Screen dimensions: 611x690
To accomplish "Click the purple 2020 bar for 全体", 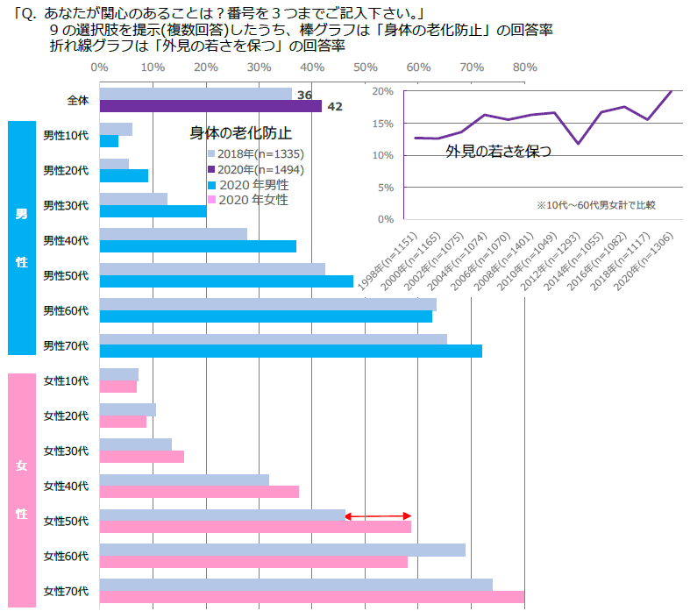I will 210,106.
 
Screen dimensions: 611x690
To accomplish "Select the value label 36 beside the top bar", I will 304,95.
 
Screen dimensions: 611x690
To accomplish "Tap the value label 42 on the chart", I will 334,107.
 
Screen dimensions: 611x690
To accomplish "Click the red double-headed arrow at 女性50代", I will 378,515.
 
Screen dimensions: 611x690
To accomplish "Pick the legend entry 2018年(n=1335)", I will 250,153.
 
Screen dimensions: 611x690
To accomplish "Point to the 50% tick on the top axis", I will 365,67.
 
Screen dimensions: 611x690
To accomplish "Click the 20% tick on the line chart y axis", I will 381,90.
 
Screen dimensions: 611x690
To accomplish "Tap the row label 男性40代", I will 66,240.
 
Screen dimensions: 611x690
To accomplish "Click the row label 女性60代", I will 66,556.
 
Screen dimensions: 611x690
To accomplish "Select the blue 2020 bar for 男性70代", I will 290,352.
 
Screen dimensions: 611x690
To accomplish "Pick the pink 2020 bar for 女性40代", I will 199,492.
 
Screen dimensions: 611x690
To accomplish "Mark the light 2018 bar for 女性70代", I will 295,585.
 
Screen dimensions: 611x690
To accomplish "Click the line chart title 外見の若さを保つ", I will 498,151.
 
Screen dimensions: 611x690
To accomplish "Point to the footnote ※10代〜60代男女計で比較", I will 595,205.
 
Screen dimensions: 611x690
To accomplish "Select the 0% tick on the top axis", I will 99,67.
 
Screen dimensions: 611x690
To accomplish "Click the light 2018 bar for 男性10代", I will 116,129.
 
